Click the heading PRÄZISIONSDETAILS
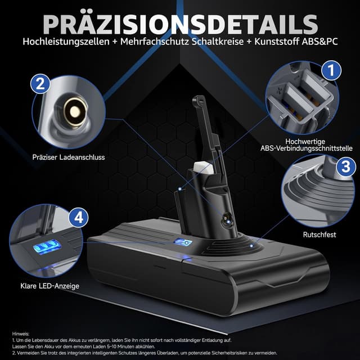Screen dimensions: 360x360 (x=180, y=24)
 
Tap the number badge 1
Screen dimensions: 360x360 (x=331, y=70)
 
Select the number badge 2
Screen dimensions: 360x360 (x=39, y=84)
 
